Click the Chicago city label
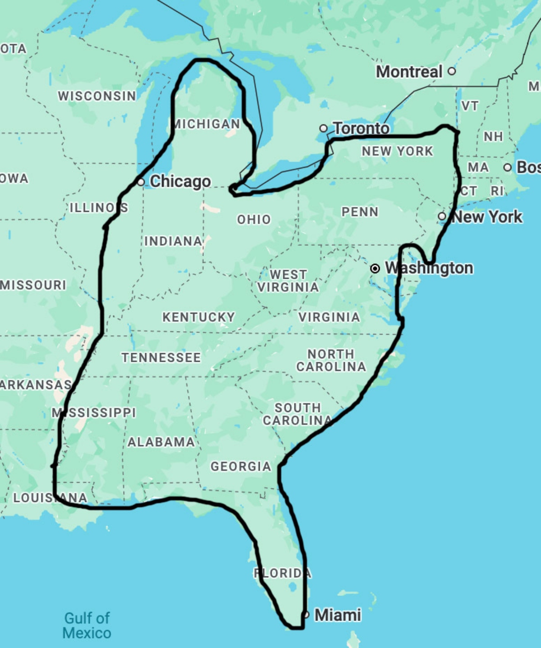pos(180,181)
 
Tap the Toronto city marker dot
pos(323,129)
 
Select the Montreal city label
pos(409,72)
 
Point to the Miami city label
pos(337,615)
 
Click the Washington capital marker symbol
pos(375,269)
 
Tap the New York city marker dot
pos(442,216)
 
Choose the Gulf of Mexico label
pos(87,625)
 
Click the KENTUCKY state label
pos(198,317)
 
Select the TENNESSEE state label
pos(161,358)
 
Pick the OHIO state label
pos(254,220)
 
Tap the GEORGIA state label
pos(241,466)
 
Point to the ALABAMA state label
pos(161,442)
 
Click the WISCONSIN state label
pos(97,96)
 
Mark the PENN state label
pos(360,212)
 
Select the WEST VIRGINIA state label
pos(288,280)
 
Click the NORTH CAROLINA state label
pos(331,360)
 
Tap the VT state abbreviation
pos(470,106)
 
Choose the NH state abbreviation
pos(493,136)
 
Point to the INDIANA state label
pos(173,241)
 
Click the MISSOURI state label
pos(33,285)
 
